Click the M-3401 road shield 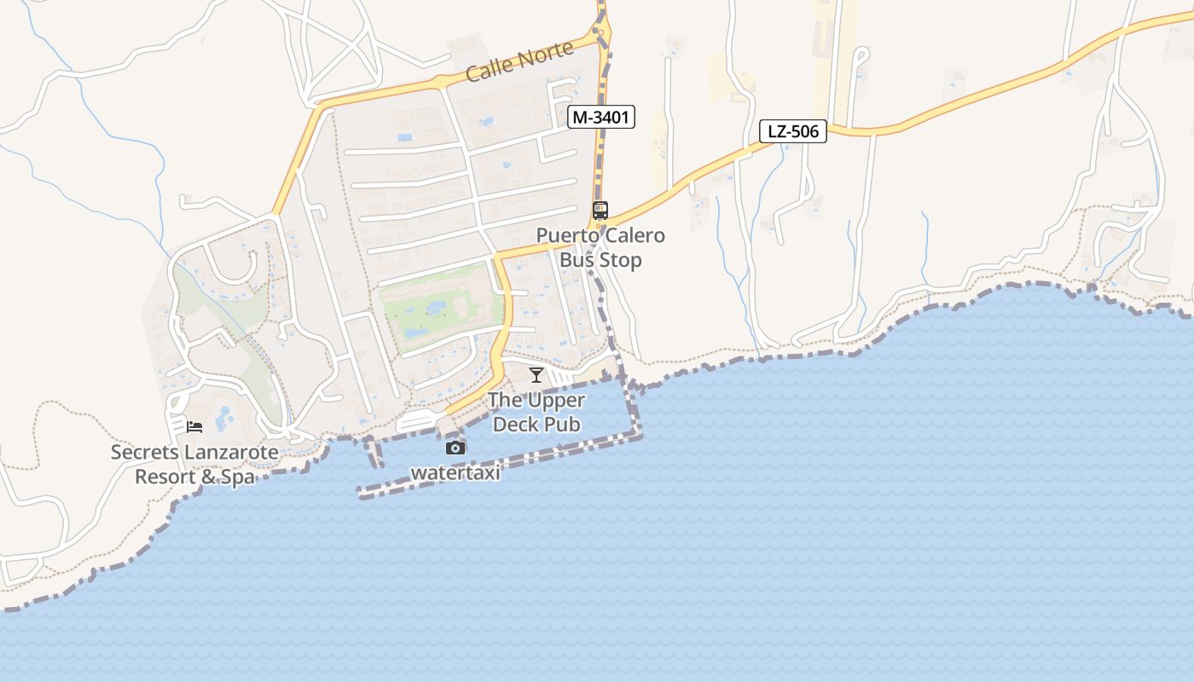point(602,118)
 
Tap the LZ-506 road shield point(793,131)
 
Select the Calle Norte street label point(519,62)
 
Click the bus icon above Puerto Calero point(600,210)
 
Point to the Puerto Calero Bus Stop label point(600,247)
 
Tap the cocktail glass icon point(536,374)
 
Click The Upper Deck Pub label point(536,412)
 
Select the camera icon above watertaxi point(455,448)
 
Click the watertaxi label point(455,471)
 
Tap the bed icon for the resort point(194,426)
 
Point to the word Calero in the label point(634,235)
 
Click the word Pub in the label point(564,424)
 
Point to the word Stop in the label point(623,260)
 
